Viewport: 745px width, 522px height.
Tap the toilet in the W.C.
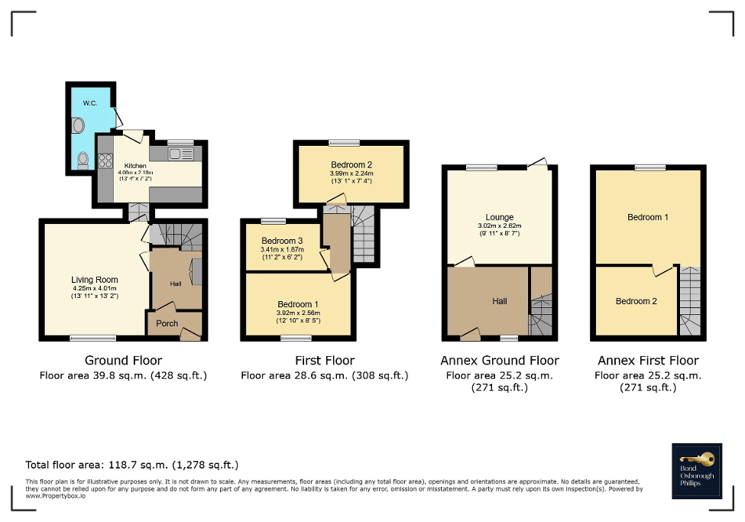coord(83,159)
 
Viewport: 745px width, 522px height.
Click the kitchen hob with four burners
coord(105,161)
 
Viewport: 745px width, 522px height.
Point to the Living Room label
coord(95,280)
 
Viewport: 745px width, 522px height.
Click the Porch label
coord(167,323)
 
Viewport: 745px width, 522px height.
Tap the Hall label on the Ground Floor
coord(175,284)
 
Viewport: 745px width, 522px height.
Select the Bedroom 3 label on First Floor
coord(282,240)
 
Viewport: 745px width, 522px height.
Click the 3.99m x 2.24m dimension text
coord(351,173)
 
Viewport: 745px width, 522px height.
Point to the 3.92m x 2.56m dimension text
coord(298,313)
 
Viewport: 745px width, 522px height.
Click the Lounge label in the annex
coord(500,217)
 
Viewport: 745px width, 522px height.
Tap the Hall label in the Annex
coord(499,301)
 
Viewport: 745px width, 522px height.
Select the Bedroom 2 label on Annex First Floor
coord(636,301)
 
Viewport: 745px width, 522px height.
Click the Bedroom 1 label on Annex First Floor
coord(648,217)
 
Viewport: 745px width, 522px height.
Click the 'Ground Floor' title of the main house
coord(123,360)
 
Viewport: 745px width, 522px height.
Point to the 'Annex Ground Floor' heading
coord(500,360)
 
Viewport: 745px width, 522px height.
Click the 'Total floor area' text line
coord(132,465)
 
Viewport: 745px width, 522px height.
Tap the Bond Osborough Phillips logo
coord(697,471)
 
